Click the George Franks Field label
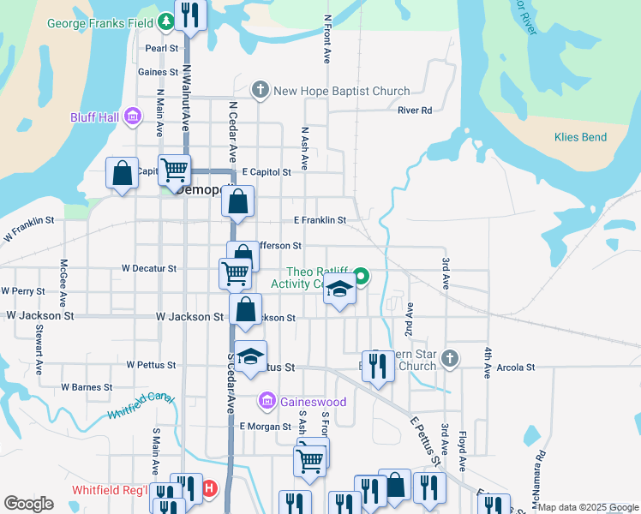[99, 24]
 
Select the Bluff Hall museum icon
[132, 117]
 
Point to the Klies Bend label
[580, 137]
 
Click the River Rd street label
[415, 111]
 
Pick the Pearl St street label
[161, 49]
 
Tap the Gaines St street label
[158, 72]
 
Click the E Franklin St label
[320, 220]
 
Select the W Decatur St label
[149, 268]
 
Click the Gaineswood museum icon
[267, 401]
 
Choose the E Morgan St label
[266, 426]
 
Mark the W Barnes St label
[87, 387]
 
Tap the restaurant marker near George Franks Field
[189, 14]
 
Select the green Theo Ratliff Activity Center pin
[361, 276]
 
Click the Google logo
[29, 504]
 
